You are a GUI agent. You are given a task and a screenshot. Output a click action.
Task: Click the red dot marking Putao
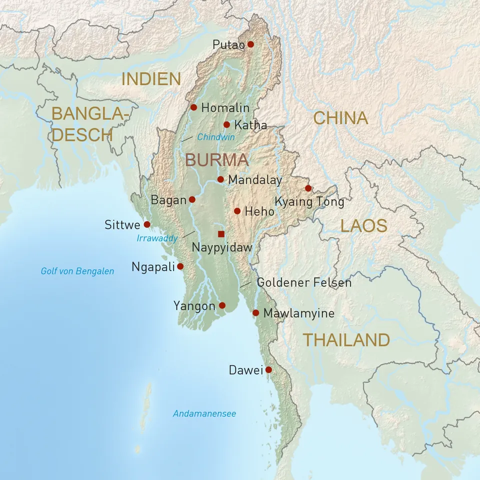[250, 44]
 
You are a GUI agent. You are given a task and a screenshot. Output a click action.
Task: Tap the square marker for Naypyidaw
[221, 233]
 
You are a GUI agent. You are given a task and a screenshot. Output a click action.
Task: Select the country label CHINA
[340, 118]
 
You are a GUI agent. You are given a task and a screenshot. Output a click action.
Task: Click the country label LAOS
[363, 225]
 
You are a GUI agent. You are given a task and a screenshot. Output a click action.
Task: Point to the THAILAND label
[346, 340]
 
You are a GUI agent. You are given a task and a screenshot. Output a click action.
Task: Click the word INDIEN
[151, 79]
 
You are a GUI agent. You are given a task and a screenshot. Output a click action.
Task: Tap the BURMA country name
[216, 160]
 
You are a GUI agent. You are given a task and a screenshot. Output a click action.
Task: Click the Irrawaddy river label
[157, 238]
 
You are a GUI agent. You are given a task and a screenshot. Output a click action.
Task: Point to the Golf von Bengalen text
[77, 271]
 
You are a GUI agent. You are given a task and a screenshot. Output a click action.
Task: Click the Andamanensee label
[204, 414]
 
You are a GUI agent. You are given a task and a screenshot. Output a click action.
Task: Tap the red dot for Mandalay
[220, 179]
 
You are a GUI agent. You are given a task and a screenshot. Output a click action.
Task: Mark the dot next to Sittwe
[147, 224]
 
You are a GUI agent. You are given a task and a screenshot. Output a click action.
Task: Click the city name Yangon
[194, 305]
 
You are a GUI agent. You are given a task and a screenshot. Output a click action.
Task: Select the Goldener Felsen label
[304, 282]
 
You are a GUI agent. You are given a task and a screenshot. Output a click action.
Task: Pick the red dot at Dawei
[268, 370]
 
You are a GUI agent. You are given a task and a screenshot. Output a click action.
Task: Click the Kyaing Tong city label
[309, 202]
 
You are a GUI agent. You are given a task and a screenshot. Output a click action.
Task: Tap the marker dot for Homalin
[194, 107]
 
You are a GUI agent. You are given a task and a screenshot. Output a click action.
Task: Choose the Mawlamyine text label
[298, 313]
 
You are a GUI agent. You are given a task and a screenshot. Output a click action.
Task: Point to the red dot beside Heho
[237, 211]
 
